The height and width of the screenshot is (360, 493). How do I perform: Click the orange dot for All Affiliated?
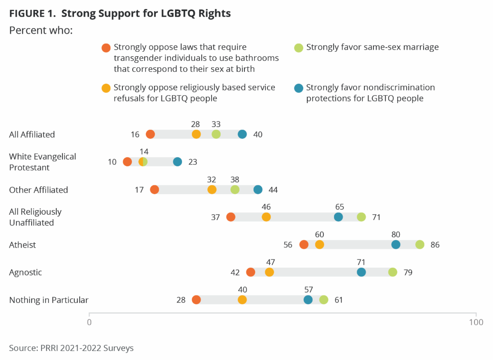pos(150,134)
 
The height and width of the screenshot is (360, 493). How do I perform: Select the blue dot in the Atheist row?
pos(396,245)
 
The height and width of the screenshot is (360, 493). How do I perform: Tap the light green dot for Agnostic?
pos(393,272)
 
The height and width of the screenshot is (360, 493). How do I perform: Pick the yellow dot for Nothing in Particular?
pos(242,300)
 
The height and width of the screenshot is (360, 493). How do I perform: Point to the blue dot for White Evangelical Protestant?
pos(177,162)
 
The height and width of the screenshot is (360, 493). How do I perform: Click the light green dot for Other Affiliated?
pos(235,190)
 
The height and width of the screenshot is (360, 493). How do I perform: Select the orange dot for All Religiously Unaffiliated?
pos(231,217)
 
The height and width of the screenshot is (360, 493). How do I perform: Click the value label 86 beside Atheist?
pos(435,245)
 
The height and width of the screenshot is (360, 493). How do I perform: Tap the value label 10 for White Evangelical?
pos(112,162)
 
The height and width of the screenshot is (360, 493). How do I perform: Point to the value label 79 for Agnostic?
pos(408,273)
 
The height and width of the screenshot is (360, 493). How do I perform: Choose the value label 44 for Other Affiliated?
pos(273,190)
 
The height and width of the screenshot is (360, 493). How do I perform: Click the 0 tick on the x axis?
pos(89,322)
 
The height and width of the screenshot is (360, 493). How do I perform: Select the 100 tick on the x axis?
pos(476,322)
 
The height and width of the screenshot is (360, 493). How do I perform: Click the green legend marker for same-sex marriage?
pos(299,48)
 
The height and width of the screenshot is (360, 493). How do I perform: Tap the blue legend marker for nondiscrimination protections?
pos(299,88)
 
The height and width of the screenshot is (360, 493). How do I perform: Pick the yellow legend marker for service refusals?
pos(106,88)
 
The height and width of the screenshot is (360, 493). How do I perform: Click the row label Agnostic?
pos(25,272)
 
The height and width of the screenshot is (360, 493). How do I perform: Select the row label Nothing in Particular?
pos(48,300)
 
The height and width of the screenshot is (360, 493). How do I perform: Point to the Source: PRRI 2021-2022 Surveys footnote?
pos(71,348)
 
